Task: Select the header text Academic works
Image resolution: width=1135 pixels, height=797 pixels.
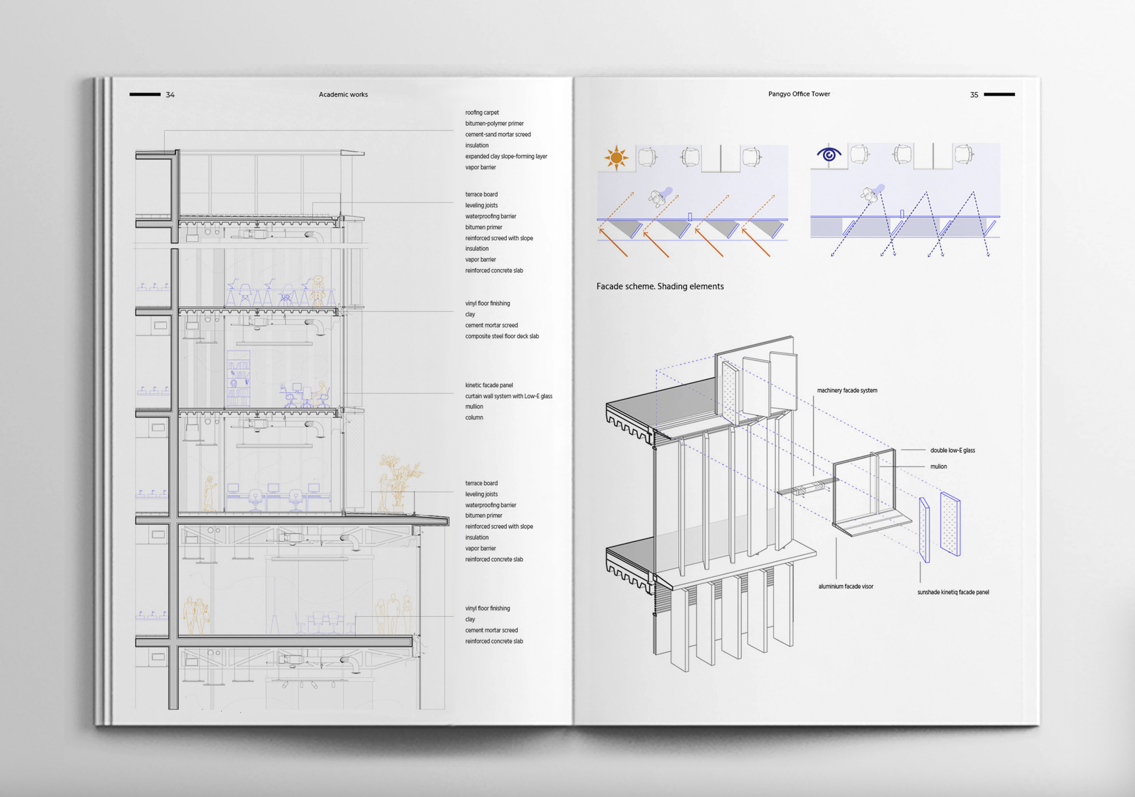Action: [343, 94]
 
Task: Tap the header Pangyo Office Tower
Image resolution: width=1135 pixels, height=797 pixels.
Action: [799, 94]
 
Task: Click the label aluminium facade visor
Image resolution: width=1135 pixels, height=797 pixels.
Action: [845, 587]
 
